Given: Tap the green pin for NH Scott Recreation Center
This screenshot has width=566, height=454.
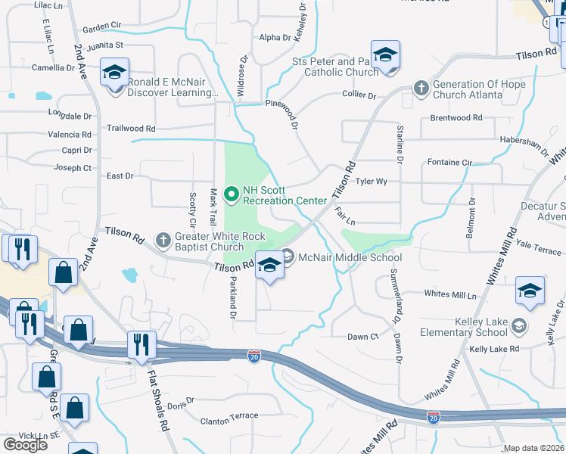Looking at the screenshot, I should click(232, 194).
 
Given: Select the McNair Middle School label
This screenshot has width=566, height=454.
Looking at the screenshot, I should click(350, 257).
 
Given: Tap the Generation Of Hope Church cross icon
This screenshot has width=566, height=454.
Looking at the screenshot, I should click(421, 89).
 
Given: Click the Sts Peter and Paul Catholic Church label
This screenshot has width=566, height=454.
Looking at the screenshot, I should click(334, 67).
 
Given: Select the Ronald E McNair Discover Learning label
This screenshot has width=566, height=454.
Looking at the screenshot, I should click(173, 89).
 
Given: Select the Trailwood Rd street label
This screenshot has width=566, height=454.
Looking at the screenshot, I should click(131, 129).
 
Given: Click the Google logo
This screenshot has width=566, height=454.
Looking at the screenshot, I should click(26, 444).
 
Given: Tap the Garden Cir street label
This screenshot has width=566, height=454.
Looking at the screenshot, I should click(102, 26).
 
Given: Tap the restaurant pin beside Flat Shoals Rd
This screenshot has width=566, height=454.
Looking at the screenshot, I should click(141, 345).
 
